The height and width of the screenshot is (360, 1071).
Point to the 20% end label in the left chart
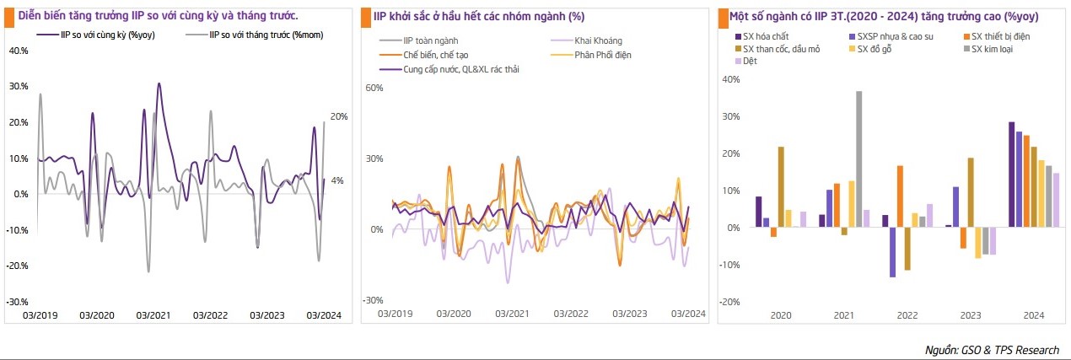coord(338,116)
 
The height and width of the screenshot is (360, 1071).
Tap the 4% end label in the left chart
coord(336,180)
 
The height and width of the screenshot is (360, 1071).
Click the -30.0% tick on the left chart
coord(18,301)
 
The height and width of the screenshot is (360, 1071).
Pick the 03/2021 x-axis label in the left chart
coord(153,316)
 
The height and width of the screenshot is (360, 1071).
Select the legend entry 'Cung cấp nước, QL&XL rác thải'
coord(460,69)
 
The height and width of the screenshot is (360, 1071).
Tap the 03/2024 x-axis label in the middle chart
coord(687,314)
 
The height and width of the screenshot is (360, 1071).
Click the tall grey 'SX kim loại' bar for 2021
coord(859,159)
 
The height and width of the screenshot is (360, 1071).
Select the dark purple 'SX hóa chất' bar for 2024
coord(1012,175)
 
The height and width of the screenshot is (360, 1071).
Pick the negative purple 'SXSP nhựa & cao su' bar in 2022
coord(892,252)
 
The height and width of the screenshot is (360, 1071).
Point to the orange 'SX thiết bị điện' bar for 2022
coord(900,196)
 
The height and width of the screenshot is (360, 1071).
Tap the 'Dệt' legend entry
coord(749,62)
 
